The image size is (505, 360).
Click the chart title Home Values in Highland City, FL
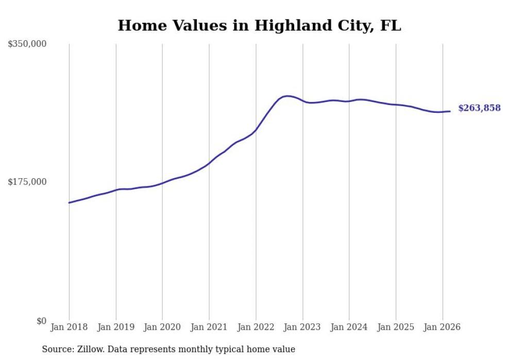(x=259, y=25)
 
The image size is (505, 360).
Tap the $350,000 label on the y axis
(x=27, y=44)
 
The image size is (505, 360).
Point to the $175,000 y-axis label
(x=27, y=182)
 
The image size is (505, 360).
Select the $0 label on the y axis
(x=41, y=321)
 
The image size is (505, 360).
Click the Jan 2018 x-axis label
(x=69, y=327)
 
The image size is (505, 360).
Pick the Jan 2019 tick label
(x=116, y=327)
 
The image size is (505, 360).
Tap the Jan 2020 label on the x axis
(x=162, y=327)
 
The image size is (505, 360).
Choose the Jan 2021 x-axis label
(x=209, y=327)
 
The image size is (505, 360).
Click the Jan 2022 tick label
(x=256, y=327)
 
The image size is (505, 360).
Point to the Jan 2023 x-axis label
(x=302, y=327)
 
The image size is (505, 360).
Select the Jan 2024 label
(x=349, y=327)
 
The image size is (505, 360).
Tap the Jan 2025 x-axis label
(x=396, y=327)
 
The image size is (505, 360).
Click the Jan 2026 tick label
(x=442, y=327)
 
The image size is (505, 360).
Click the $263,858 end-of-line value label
(x=479, y=108)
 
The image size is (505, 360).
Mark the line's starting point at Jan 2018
(x=69, y=202)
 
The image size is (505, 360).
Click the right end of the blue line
(x=450, y=111)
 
